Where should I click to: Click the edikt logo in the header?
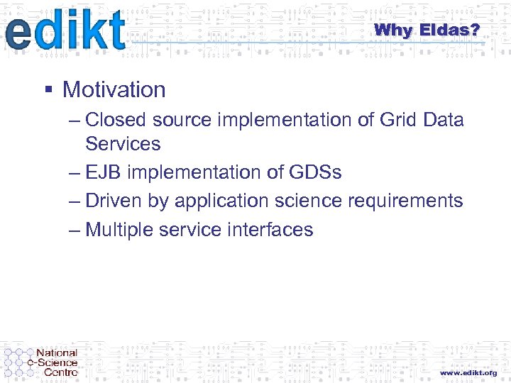click(65, 30)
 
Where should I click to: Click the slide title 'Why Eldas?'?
click(427, 30)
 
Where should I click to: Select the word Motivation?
click(114, 90)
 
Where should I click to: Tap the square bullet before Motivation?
click(48, 90)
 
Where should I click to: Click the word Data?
click(444, 120)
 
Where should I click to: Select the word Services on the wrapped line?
click(123, 144)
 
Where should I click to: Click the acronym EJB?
click(104, 172)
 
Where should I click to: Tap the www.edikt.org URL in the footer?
click(468, 372)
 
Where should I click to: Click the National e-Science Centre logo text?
click(57, 362)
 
